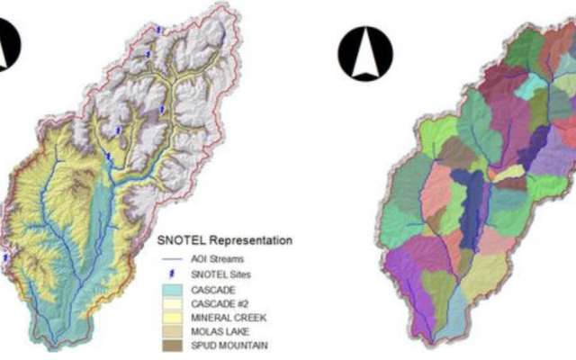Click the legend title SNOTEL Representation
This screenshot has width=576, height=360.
tap(224, 241)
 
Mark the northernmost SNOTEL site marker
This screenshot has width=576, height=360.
tap(159, 31)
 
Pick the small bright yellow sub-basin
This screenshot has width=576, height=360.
tap(507, 171)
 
